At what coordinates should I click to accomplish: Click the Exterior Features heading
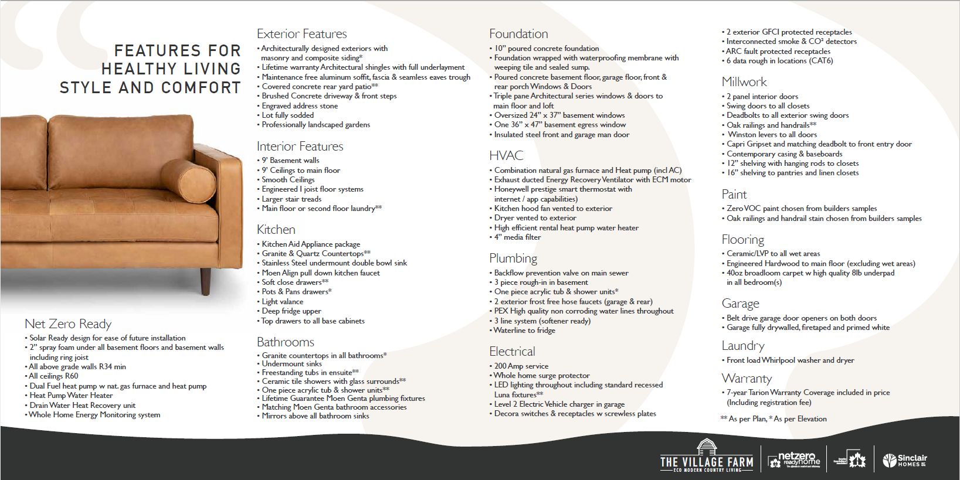(x=301, y=34)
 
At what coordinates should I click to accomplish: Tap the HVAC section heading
(x=506, y=156)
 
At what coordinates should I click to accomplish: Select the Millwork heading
(x=744, y=82)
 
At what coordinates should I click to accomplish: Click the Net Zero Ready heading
(x=67, y=324)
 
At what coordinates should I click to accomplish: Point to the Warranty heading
(x=746, y=379)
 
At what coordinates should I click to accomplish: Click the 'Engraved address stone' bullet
(x=299, y=106)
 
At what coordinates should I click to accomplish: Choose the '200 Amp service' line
(x=521, y=366)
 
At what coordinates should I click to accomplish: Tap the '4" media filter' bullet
(x=517, y=237)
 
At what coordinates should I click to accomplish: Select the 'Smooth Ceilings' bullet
(x=287, y=180)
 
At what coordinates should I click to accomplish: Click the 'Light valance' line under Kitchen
(x=282, y=302)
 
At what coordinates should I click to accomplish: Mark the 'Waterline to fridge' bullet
(x=524, y=331)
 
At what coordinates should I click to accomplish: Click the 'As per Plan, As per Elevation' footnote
(x=774, y=419)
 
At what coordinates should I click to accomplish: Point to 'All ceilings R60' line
(x=53, y=376)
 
